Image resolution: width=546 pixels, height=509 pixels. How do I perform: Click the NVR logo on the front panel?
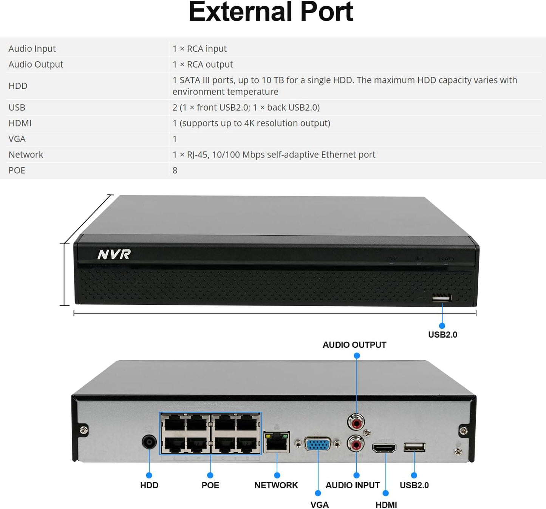tap(114, 254)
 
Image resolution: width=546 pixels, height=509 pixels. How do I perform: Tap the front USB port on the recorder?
tap(442, 298)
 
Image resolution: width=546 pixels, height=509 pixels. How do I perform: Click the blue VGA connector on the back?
tap(317, 444)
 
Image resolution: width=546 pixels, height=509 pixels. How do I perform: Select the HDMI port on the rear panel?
tap(384, 448)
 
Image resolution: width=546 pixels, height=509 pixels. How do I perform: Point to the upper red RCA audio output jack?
tap(356, 422)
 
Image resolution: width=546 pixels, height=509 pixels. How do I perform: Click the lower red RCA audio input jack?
tap(356, 444)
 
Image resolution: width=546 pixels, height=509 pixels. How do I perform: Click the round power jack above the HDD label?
tap(149, 441)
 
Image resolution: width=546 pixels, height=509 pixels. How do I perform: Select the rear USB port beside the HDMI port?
tap(415, 447)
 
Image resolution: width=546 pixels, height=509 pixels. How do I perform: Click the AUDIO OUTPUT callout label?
tap(354, 345)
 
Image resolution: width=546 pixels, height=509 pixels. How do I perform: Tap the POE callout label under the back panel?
tap(210, 485)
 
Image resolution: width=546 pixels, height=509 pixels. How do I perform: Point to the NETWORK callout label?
tap(276, 485)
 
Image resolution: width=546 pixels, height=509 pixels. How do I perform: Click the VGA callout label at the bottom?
tap(319, 505)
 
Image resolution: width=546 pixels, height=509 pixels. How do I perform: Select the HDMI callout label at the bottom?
tap(386, 505)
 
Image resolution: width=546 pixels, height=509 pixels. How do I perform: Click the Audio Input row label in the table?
tap(32, 49)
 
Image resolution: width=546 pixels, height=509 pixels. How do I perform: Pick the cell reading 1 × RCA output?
tap(203, 65)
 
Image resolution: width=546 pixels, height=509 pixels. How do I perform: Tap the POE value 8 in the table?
tap(175, 170)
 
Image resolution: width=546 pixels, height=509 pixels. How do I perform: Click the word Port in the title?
tap(326, 12)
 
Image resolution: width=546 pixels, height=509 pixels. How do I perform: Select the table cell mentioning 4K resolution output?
tap(251, 123)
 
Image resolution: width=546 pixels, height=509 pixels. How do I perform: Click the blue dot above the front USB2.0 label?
tap(442, 325)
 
